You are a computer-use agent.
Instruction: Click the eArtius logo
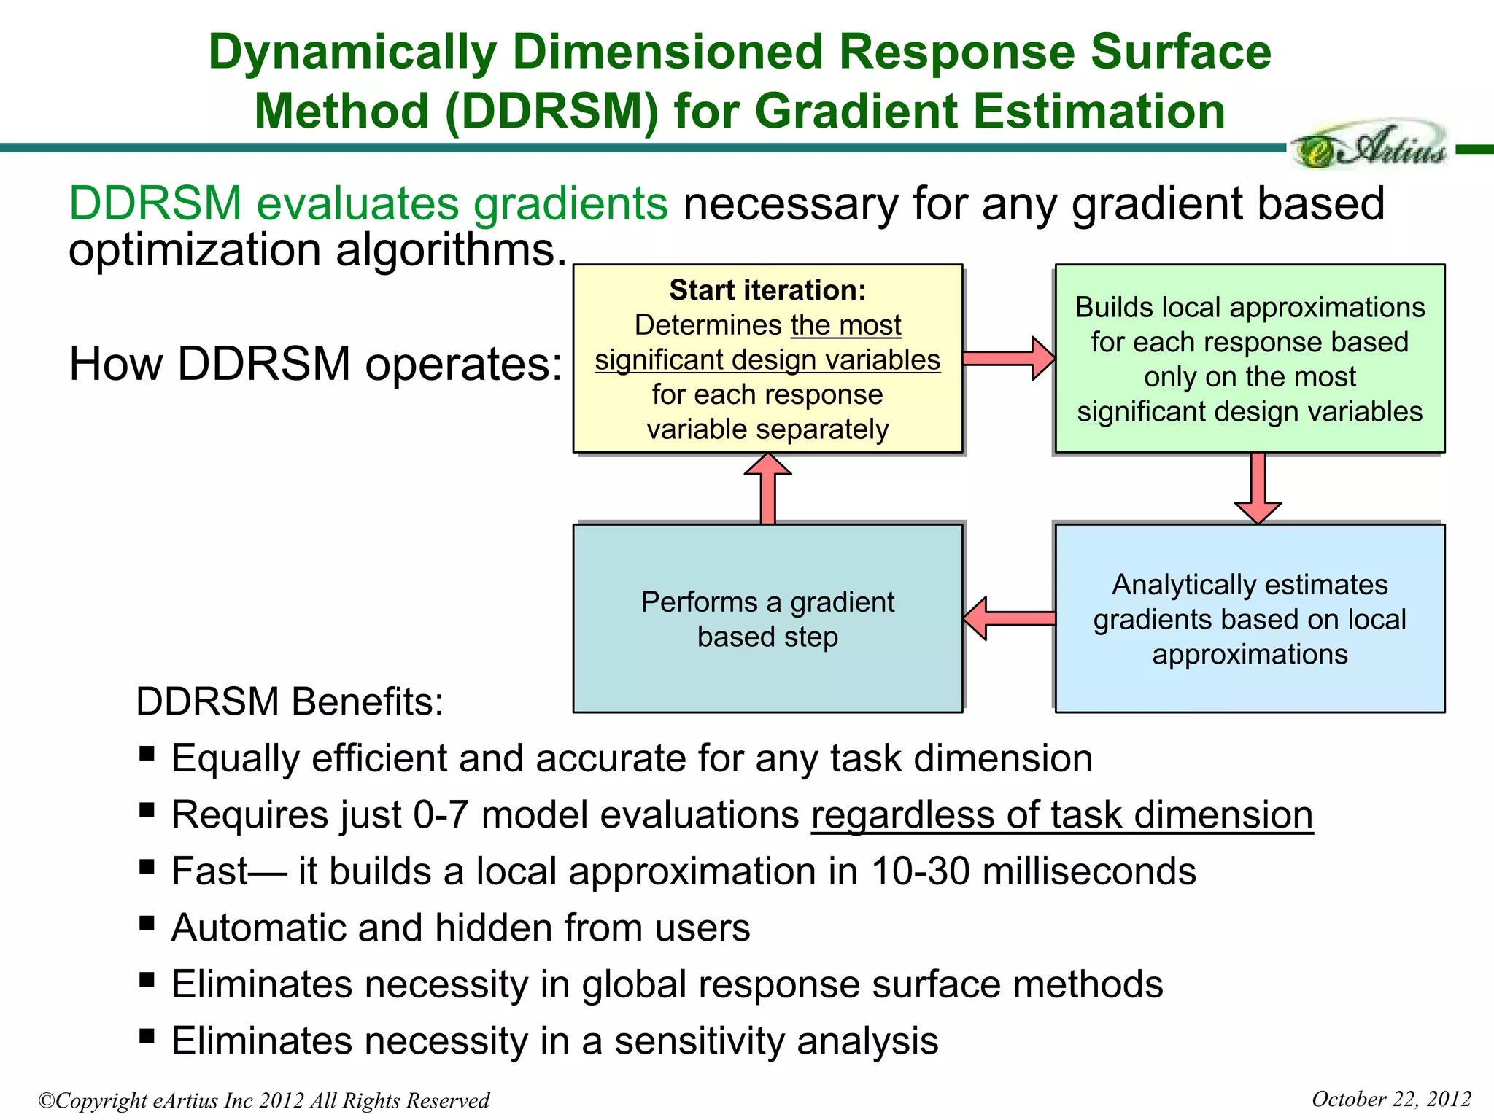1370,145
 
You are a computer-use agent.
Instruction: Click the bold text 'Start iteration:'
767,290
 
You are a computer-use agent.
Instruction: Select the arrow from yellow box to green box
1008,358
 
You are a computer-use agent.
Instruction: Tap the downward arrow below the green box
1258,488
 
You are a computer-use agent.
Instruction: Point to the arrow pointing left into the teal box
1010,618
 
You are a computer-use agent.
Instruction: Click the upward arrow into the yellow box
767,488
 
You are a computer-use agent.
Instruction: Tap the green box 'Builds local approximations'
1250,358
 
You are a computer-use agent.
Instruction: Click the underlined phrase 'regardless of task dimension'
1061,814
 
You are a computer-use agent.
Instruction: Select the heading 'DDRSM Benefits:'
290,701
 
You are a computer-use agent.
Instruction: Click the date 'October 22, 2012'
1391,1099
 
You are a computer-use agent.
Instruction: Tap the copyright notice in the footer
264,1100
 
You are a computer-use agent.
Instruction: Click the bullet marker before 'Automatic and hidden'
147,923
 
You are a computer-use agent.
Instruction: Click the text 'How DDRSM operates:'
315,363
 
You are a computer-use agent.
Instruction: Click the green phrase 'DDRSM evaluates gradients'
368,203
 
